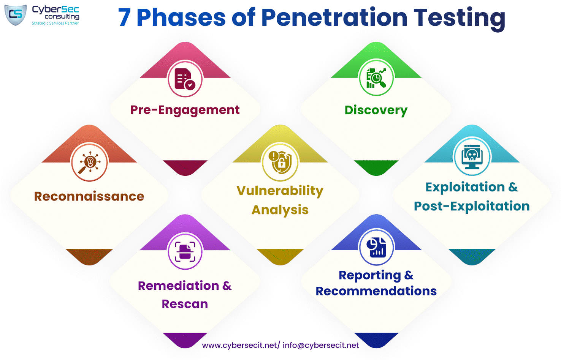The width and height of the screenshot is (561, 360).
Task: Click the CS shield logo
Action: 16,15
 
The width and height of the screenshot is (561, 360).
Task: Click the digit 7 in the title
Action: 124,17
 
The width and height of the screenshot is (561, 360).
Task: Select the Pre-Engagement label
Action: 185,110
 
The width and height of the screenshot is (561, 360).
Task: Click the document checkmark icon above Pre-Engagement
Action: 185,79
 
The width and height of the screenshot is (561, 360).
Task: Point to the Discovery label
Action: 376,111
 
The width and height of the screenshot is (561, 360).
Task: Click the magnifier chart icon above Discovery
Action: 376,78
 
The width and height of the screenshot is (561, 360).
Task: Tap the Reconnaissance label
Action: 89,196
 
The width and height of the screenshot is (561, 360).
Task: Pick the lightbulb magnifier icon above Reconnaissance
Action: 89,162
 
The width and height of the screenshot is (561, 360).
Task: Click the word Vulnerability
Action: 280,191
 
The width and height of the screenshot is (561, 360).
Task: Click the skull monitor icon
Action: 472,157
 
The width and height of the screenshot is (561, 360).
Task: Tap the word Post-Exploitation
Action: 472,207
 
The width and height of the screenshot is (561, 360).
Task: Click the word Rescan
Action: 185,304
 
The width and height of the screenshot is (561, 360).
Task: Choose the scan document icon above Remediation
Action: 185,251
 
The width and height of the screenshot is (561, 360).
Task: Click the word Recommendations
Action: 376,291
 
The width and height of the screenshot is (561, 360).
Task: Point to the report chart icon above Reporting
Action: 376,248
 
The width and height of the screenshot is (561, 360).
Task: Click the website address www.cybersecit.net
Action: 239,346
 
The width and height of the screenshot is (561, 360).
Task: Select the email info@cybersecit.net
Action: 320,346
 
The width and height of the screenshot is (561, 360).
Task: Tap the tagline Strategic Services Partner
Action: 55,23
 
